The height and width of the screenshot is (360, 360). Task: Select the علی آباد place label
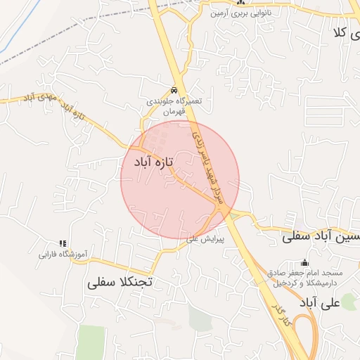click(319, 303)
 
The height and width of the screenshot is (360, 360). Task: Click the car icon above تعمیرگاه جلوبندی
click(173, 90)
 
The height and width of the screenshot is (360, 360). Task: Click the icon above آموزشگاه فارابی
click(62, 243)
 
